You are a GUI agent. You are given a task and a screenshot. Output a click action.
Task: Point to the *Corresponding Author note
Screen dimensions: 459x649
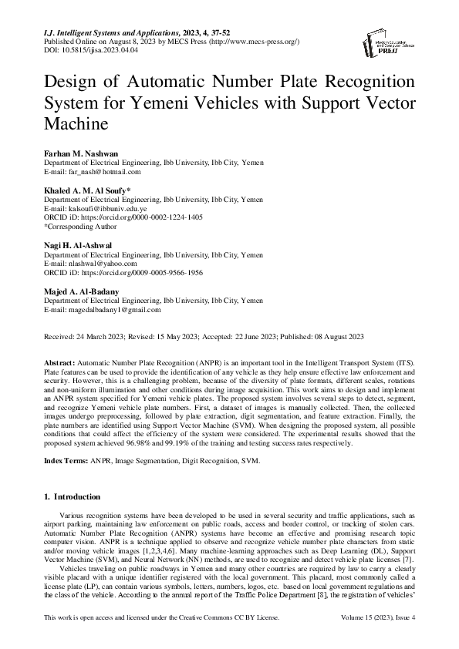pos(80,227)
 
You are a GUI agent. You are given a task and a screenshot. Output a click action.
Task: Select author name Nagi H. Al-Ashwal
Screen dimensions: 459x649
pos(78,244)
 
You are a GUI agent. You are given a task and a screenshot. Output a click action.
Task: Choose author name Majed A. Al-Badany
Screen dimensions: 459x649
pos(81,291)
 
